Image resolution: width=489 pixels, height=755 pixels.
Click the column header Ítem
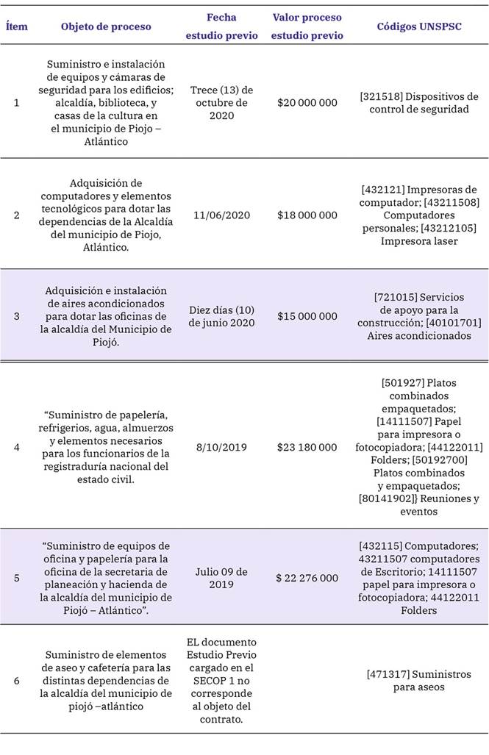coord(17,26)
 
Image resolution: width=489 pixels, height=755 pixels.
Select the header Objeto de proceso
coord(106,26)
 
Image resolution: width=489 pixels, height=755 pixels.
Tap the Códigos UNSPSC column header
coord(419,26)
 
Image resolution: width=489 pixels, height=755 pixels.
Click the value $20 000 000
coord(307,102)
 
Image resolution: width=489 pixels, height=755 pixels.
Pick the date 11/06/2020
coord(221,215)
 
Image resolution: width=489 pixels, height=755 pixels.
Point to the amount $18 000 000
coord(307,215)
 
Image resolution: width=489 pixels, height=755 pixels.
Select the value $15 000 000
coord(307,316)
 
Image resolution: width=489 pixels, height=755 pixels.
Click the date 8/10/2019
coord(221,447)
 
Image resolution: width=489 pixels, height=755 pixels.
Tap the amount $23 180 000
coord(307,447)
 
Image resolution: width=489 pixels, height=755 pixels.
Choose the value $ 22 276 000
coord(307,578)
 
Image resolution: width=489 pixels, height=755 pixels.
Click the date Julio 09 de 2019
coord(221,578)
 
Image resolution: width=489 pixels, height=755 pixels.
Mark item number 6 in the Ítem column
coord(17,680)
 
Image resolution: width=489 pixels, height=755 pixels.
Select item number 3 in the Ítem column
coord(17,316)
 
